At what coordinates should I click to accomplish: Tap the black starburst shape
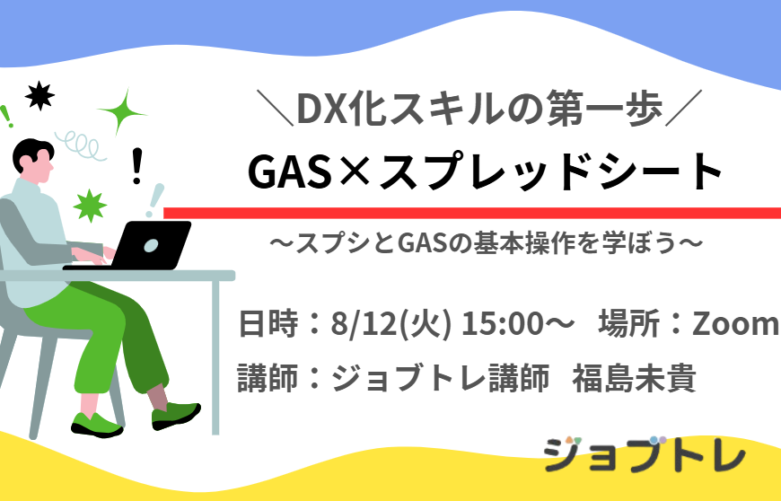click(39, 95)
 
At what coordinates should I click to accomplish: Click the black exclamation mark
click(137, 166)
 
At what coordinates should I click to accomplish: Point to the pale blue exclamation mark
click(155, 200)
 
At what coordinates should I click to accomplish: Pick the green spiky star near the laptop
click(90, 206)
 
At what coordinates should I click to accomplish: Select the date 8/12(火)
click(391, 324)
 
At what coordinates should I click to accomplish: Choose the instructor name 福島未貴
click(634, 379)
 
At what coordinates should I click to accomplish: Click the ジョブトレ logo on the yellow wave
click(645, 454)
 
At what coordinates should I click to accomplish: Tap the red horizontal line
click(472, 213)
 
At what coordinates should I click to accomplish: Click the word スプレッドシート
click(551, 172)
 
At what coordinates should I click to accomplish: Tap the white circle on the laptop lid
click(152, 245)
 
